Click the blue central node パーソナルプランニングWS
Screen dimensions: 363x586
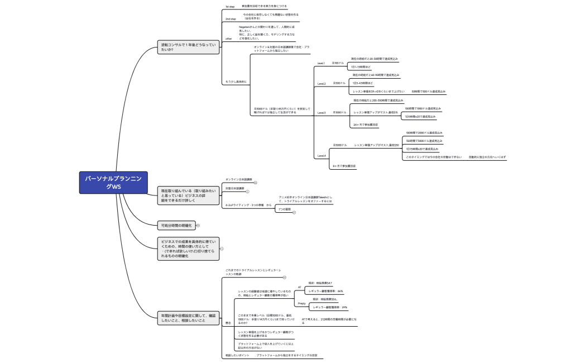105,183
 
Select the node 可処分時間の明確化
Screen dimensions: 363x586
176,225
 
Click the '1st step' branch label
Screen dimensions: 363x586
229,7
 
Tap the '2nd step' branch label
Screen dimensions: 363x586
230,19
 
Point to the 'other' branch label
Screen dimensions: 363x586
228,39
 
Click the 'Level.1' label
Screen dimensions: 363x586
321,63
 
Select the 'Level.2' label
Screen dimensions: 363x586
321,84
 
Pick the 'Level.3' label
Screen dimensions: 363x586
321,113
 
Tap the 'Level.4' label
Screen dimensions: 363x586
321,156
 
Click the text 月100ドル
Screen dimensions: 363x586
338,63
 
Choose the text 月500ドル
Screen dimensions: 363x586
339,83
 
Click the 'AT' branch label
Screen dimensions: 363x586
299,287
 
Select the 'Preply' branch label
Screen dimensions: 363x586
301,303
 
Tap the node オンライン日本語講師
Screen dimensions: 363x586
238,179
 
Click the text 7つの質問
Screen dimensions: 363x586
285,209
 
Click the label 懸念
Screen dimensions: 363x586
228,323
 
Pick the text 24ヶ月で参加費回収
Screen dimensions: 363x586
366,125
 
